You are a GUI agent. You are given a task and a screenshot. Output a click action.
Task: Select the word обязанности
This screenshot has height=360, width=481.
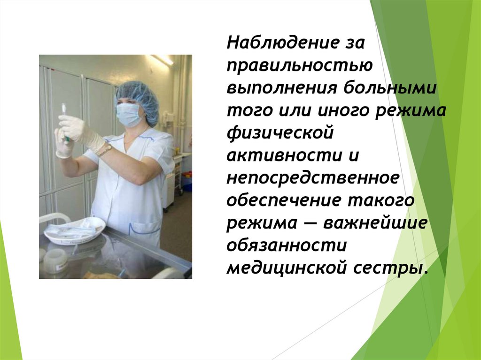(287, 245)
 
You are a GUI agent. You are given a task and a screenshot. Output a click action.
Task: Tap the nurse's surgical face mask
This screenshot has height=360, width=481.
(128, 115)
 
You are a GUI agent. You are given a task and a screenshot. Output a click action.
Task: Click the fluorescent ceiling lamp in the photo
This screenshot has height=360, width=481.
(162, 60)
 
